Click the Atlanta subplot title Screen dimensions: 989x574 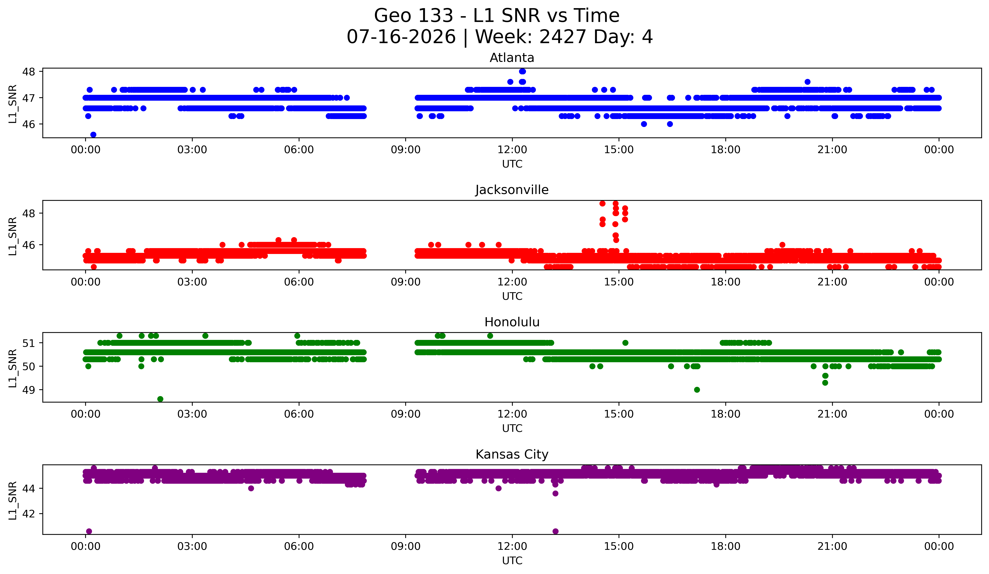(x=512, y=58)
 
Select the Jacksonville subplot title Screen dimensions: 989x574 (x=512, y=190)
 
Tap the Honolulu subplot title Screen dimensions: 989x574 (x=512, y=322)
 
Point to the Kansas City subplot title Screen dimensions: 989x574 (x=512, y=454)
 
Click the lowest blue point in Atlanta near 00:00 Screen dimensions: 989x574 (x=93, y=135)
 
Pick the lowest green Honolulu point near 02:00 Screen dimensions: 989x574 (x=160, y=399)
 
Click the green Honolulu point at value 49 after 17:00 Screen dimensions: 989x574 (x=697, y=390)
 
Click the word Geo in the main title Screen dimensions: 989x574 (x=391, y=16)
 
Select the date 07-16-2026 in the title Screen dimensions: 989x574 (x=401, y=37)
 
